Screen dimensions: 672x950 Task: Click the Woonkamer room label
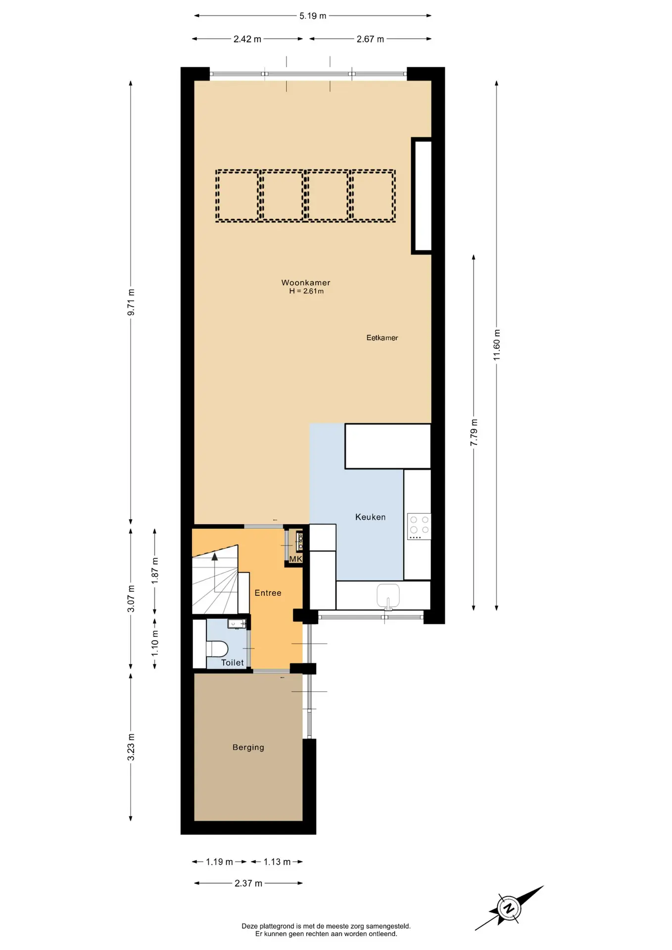[306, 283]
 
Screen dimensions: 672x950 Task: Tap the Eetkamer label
[382, 338]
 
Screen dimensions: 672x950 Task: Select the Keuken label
[370, 517]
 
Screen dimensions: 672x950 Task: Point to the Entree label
[268, 593]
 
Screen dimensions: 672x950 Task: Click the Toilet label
[232, 663]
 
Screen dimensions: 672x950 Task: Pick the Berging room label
[248, 747]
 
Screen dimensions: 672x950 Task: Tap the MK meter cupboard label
[295, 559]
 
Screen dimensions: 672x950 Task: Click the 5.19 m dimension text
[313, 16]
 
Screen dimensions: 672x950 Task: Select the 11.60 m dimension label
[497, 344]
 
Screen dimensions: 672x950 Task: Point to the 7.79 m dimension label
[474, 432]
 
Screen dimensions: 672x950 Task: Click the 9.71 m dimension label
[131, 302]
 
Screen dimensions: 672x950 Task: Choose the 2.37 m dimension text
[248, 883]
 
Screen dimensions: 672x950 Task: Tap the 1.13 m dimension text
[277, 862]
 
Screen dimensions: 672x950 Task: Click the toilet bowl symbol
[216, 648]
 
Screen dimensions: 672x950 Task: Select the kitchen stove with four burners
[419, 526]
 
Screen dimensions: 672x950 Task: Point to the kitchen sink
[388, 595]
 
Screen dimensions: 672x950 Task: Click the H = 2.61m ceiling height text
[306, 291]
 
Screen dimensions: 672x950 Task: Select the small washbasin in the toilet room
[237, 623]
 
